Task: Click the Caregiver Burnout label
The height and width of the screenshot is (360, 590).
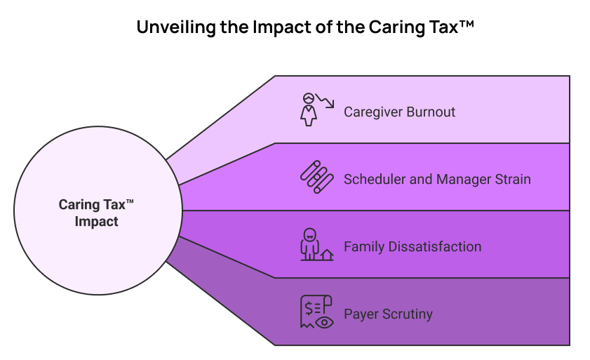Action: (399, 112)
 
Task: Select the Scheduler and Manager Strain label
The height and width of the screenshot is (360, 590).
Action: (437, 180)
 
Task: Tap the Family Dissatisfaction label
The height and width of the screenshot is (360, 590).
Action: (413, 247)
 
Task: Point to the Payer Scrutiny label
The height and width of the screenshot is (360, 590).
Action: (388, 314)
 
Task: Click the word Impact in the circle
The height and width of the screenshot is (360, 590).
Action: (97, 222)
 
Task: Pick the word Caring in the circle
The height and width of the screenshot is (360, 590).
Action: (79, 205)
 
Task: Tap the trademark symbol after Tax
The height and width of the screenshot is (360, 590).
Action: (130, 202)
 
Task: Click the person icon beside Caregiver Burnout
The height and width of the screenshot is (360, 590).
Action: (308, 109)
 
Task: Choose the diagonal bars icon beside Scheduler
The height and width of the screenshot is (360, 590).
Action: (316, 177)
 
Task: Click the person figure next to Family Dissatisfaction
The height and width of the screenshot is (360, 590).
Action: (308, 244)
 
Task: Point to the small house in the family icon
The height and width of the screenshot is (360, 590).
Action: (326, 254)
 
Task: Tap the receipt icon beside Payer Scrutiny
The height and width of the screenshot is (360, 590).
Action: (313, 311)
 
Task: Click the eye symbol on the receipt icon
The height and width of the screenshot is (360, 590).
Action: (324, 322)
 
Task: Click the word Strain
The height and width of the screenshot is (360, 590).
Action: (512, 180)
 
